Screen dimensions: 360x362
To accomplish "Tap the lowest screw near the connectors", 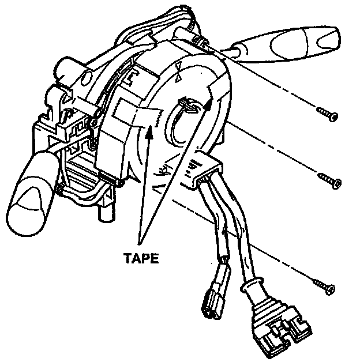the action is coord(324,285).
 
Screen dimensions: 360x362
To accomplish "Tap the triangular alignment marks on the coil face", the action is coord(180,69).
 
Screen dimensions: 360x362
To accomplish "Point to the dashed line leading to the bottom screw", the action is coord(271,254).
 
